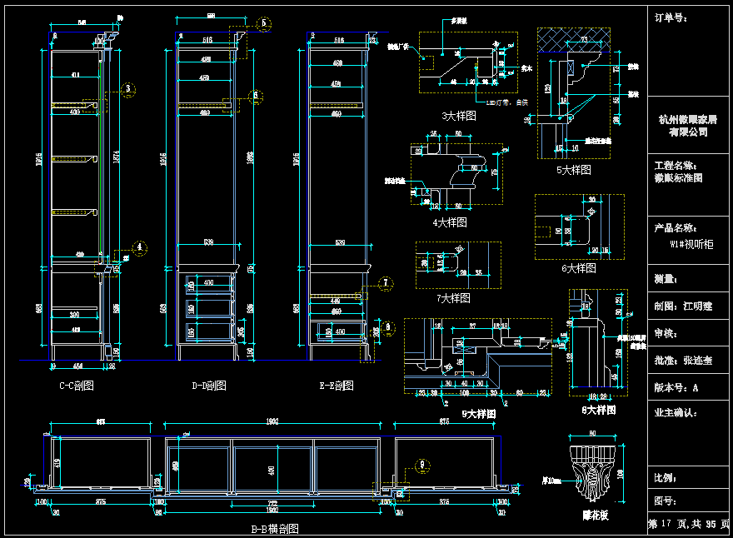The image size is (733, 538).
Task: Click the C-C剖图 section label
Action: pyautogui.click(x=76, y=386)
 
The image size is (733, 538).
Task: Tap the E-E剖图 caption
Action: pyautogui.click(x=336, y=386)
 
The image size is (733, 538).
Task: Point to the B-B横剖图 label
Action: pyautogui.click(x=275, y=529)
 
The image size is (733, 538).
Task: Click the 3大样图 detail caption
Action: pyautogui.click(x=458, y=117)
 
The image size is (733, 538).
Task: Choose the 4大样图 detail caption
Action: pyautogui.click(x=450, y=222)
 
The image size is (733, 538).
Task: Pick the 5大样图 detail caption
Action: pyautogui.click(x=574, y=169)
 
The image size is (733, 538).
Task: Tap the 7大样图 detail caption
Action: pyautogui.click(x=453, y=297)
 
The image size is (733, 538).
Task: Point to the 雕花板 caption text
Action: pyautogui.click(x=595, y=516)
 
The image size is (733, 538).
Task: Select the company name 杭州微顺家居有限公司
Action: pyautogui.click(x=688, y=126)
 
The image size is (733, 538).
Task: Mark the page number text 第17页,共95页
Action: pyautogui.click(x=688, y=525)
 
